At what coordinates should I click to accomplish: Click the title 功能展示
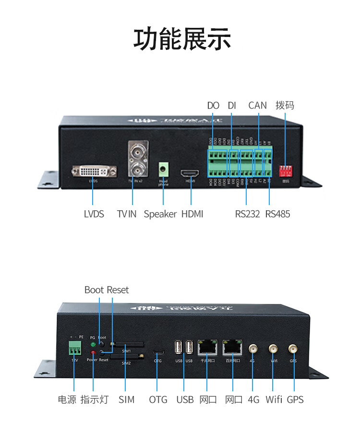tap(182, 40)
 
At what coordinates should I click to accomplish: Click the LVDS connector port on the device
tap(94, 171)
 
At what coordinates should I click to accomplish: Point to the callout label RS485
tap(277, 214)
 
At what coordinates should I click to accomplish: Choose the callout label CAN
tap(257, 105)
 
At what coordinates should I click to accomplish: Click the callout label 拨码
tap(285, 105)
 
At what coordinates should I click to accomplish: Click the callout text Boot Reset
tap(107, 290)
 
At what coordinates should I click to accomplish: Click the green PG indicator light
tap(93, 344)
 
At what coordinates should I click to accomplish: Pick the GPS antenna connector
tap(292, 349)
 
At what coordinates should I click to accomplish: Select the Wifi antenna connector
tap(273, 349)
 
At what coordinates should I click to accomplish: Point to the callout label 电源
tap(67, 399)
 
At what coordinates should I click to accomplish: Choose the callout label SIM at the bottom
tap(127, 399)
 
